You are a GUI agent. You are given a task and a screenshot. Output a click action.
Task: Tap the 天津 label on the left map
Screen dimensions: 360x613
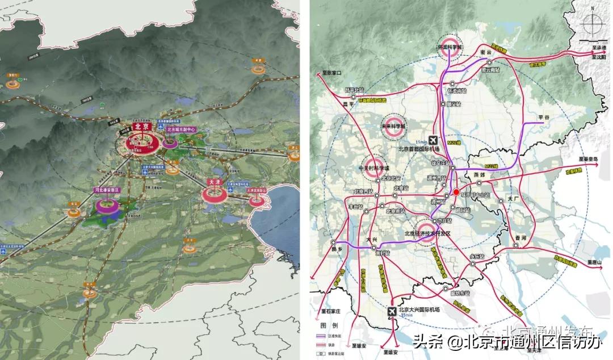click(213, 181)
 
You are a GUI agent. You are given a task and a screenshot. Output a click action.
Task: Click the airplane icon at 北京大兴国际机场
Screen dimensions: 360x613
click(392, 311)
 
